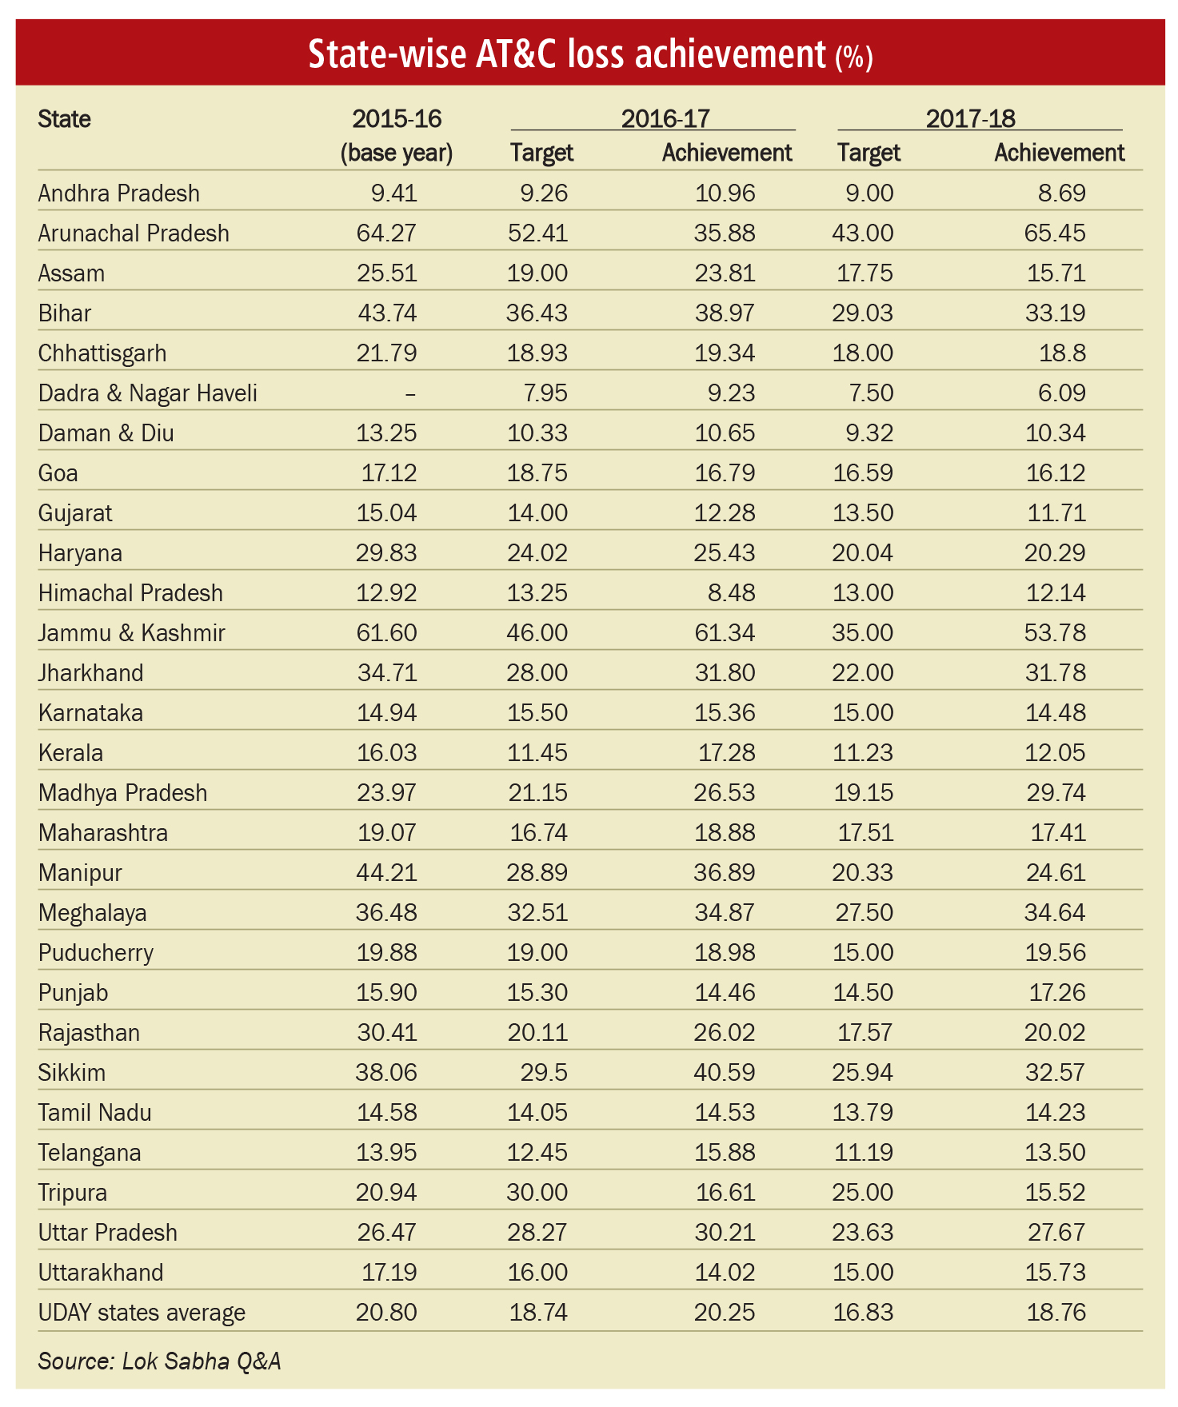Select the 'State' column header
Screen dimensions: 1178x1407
tap(65, 119)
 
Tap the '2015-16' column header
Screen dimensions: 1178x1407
tap(397, 119)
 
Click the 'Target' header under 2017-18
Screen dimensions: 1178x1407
tap(869, 153)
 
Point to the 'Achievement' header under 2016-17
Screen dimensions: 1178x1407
tap(727, 153)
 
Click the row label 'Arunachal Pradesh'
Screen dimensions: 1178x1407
tap(134, 233)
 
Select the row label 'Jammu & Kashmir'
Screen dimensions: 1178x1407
tap(132, 633)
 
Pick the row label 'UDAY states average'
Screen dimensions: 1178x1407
tap(142, 1313)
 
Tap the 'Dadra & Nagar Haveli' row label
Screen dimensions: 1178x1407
tap(148, 393)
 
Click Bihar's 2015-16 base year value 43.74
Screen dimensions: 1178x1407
tap(386, 313)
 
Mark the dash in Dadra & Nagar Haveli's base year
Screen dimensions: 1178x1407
tap(411, 394)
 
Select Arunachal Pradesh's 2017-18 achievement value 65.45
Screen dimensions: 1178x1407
tap(1056, 233)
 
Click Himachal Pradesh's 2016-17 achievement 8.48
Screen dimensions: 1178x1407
tap(733, 593)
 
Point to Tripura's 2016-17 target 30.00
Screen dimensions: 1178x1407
tap(537, 1193)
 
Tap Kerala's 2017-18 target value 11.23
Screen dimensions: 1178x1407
tap(863, 753)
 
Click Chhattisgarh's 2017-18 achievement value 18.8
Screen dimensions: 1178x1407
tap(1064, 353)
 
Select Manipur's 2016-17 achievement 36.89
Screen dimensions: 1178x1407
tap(725, 873)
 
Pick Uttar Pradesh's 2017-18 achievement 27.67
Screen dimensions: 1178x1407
tap(1056, 1233)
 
